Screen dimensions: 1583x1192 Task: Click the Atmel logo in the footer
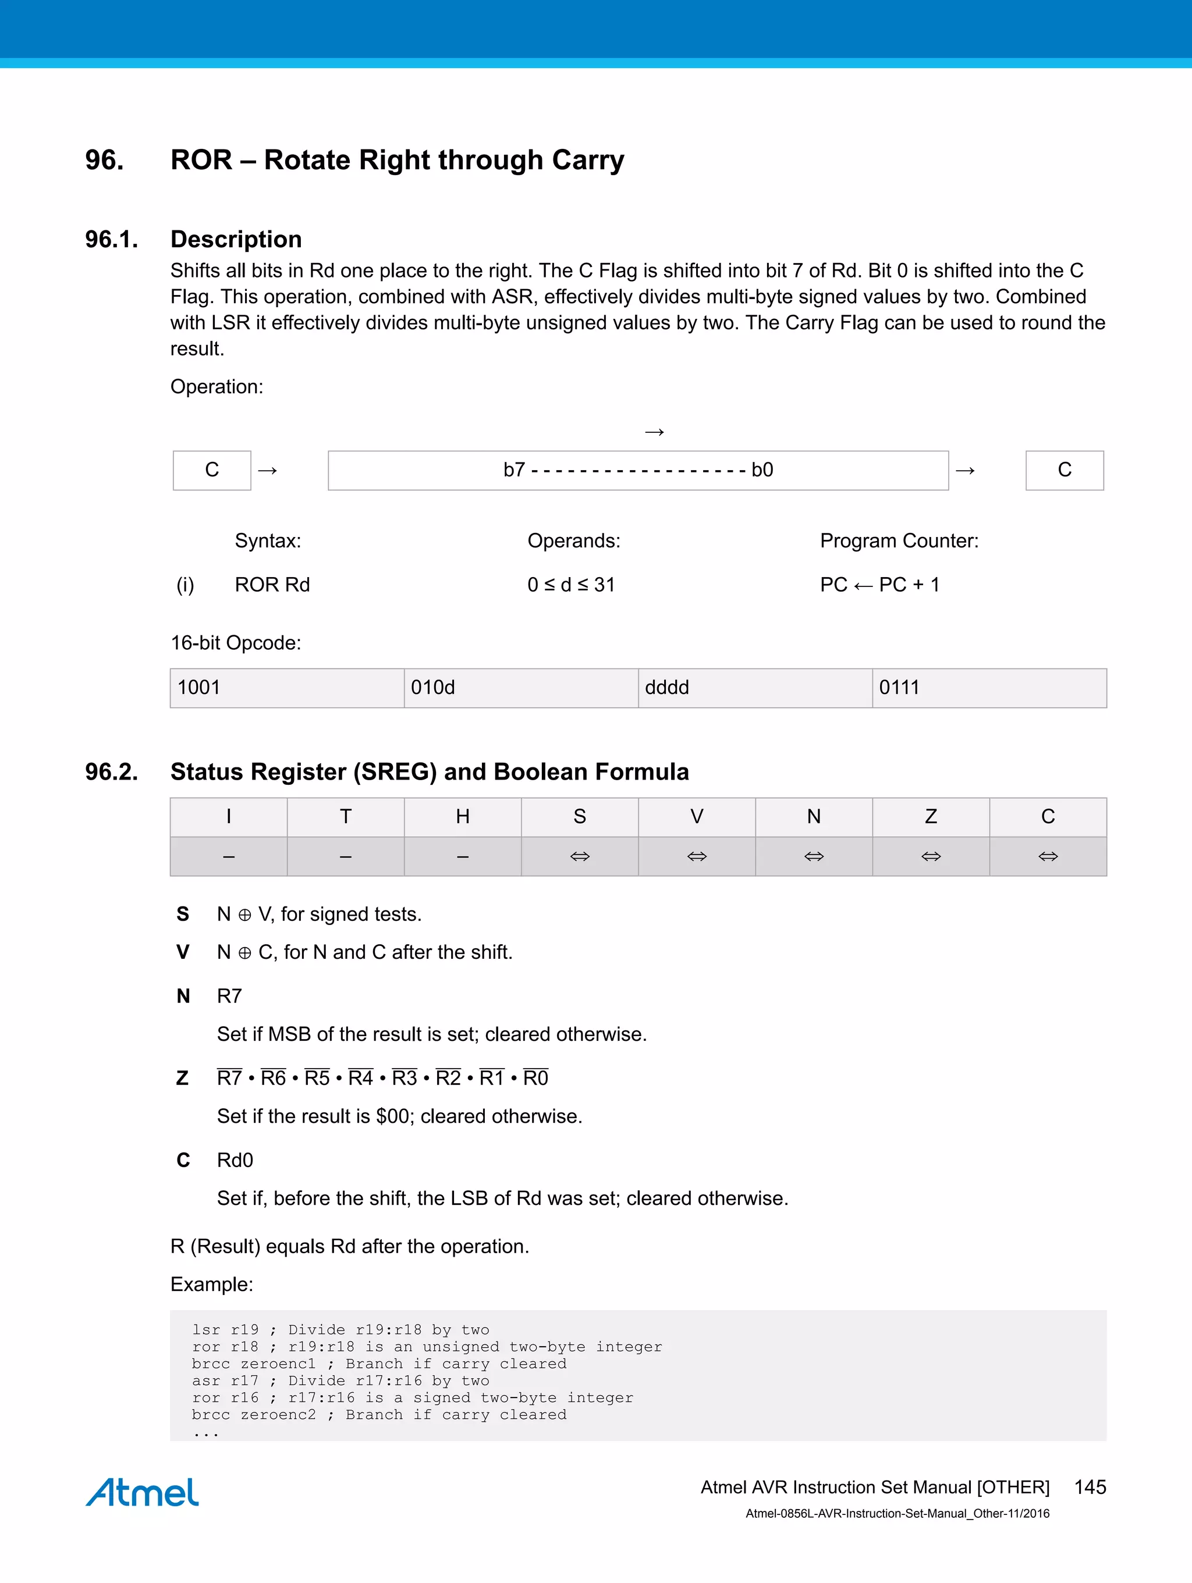point(142,1492)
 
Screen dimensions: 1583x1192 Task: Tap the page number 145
point(1090,1487)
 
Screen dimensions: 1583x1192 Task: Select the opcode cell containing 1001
point(286,688)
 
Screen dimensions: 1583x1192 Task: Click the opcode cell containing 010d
point(520,688)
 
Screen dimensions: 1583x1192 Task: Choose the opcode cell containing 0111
point(989,688)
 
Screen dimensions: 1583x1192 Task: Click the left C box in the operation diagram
point(212,470)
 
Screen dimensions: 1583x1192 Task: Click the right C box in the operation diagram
point(1065,470)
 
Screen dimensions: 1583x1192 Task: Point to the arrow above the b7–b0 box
point(654,432)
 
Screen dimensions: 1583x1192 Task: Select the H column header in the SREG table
point(463,817)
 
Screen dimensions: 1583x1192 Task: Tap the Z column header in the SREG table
point(931,817)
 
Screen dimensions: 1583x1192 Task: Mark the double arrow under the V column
point(697,856)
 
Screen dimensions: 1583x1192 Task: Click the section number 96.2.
point(111,771)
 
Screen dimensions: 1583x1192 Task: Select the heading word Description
point(236,239)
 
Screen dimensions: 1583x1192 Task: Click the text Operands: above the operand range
point(573,540)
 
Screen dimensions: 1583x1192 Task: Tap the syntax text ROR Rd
point(272,585)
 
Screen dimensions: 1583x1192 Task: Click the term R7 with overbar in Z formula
point(229,1078)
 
